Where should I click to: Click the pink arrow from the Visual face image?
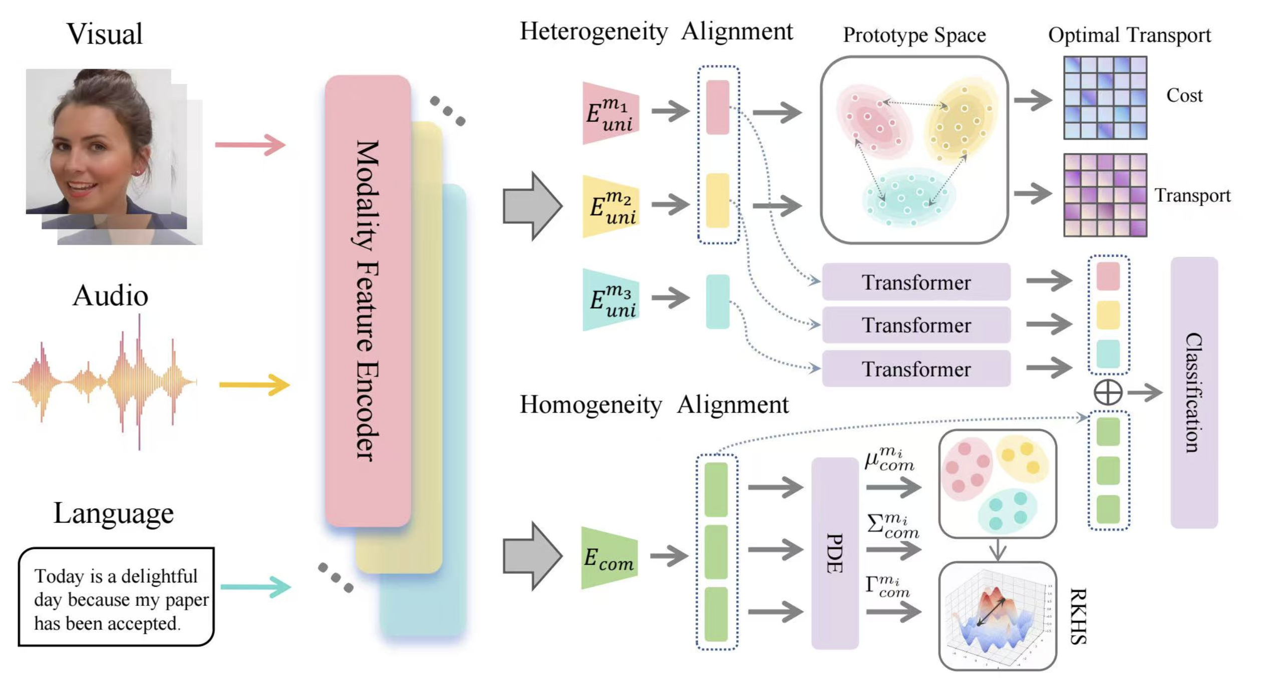(250, 145)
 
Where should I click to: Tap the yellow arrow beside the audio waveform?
(254, 385)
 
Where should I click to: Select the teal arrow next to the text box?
(255, 587)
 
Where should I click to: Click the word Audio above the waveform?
(111, 295)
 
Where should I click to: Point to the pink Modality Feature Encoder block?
(368, 300)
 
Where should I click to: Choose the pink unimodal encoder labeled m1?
(610, 114)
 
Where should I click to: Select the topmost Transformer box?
(916, 282)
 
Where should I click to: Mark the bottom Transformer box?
(916, 369)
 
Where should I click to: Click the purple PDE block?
(835, 553)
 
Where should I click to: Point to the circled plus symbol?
(1108, 392)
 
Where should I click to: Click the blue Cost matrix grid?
(1105, 98)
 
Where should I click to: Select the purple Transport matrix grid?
(1105, 195)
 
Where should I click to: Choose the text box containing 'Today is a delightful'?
(117, 597)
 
